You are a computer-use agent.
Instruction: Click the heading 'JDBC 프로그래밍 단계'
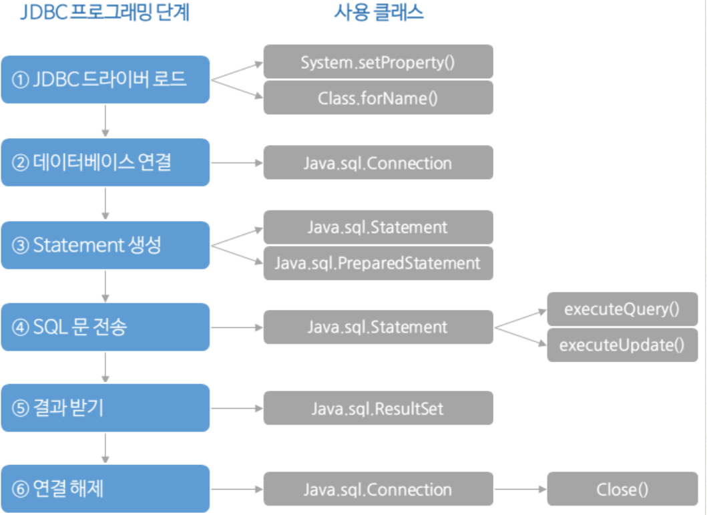tap(105, 12)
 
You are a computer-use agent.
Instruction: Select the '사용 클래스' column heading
tap(379, 12)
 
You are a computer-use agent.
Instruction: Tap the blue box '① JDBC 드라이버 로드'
tap(105, 79)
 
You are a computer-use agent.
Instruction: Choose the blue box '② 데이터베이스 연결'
tap(105, 162)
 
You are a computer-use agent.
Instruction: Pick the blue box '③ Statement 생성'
tap(105, 245)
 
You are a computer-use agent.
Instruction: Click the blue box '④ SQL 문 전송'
tap(105, 327)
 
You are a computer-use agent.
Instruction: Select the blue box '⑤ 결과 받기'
tap(105, 408)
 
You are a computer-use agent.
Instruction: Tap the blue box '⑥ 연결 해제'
tap(105, 489)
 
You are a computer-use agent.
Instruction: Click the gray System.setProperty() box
tap(379, 61)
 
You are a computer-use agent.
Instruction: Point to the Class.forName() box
tap(379, 98)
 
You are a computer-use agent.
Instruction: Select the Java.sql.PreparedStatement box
tap(379, 263)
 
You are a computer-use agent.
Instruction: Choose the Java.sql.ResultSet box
tap(379, 408)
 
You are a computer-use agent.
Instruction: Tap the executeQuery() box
tap(623, 309)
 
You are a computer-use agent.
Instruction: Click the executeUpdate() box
tap(623, 345)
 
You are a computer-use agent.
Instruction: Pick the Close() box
tap(623, 489)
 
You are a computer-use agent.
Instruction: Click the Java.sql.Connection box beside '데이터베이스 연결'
tap(379, 162)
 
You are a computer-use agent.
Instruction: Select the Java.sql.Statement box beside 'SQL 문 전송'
tap(379, 327)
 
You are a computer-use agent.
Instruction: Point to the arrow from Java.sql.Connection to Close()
tap(520, 489)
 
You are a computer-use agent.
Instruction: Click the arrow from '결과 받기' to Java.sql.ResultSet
tap(237, 409)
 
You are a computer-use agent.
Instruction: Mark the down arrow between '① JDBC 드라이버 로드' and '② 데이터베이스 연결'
tap(105, 121)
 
